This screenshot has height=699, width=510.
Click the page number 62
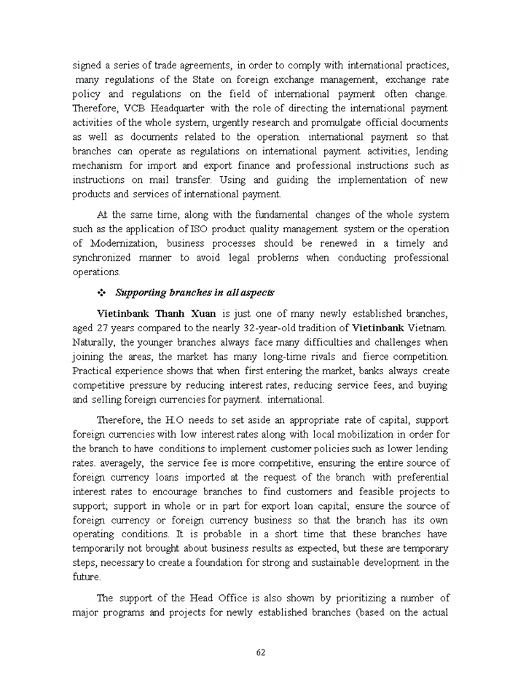pyautogui.click(x=260, y=652)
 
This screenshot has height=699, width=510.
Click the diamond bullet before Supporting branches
pyautogui.click(x=102, y=292)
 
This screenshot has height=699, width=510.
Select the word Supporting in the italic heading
pyautogui.click(x=141, y=292)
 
